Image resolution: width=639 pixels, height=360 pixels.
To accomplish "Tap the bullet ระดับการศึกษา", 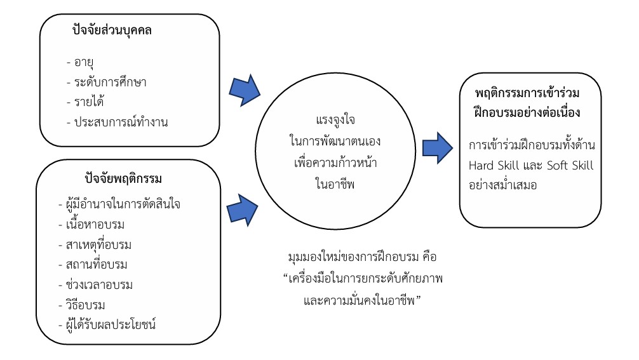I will pyautogui.click(x=110, y=83).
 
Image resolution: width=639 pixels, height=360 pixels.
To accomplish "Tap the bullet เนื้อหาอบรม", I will pyautogui.click(x=100, y=224).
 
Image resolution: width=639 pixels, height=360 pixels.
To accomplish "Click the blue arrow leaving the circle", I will pyautogui.click(x=436, y=147).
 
